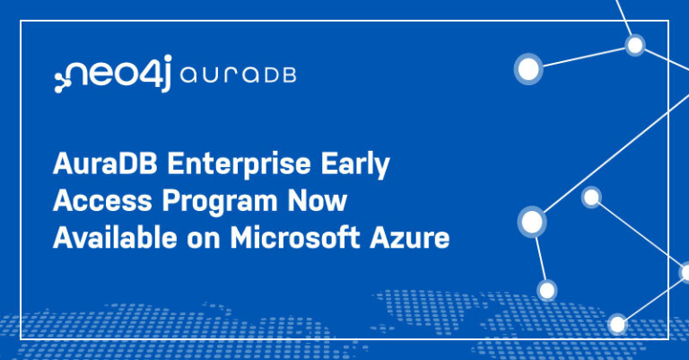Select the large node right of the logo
pos(529,68)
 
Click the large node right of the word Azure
pos(532,221)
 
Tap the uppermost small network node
pos(635,44)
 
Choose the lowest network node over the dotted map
pos(617,323)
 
